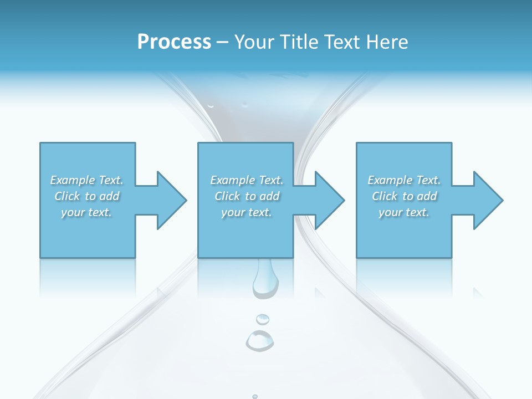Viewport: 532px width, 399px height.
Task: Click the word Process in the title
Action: tap(174, 42)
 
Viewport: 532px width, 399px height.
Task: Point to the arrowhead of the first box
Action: tap(171, 200)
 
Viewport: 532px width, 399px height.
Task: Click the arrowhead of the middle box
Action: tap(329, 200)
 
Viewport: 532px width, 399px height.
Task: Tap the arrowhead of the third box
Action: tap(488, 200)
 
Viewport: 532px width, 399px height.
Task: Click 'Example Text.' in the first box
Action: tap(86, 180)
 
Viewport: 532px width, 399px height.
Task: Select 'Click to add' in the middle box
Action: tap(247, 196)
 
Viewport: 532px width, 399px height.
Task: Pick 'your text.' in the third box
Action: tap(404, 212)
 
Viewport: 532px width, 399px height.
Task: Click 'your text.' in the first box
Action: tap(86, 212)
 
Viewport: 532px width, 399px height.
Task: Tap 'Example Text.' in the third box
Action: tap(404, 180)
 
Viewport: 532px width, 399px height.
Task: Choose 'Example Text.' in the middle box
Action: tap(247, 180)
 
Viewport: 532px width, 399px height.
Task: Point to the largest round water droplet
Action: tap(259, 340)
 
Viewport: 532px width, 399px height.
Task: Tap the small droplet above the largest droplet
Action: tap(262, 319)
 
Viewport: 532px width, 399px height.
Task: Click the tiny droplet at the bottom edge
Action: tap(255, 396)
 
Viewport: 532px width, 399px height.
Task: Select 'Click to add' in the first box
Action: tap(86, 196)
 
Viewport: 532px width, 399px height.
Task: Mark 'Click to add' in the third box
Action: tap(404, 196)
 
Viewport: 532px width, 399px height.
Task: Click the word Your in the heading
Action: tap(254, 42)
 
